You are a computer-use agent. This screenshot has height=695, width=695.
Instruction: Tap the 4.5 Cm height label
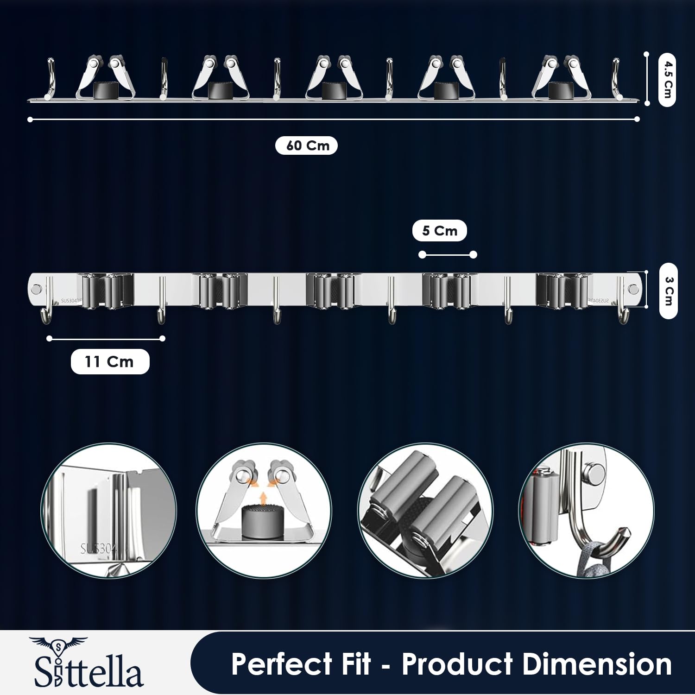click(667, 80)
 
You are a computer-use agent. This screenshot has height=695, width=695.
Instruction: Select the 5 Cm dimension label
click(439, 231)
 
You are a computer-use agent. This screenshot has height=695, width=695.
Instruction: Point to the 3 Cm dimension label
click(668, 291)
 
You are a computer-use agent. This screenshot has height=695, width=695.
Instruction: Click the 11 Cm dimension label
click(110, 361)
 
